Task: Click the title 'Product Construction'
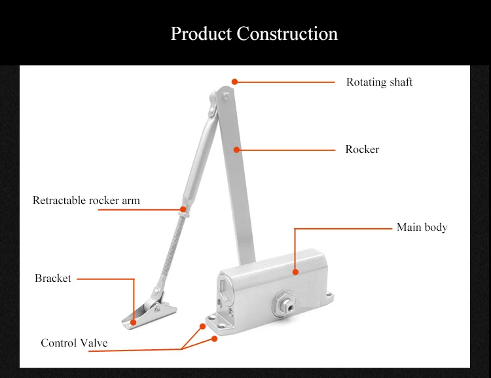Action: [254, 33]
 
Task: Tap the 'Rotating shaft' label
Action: [379, 82]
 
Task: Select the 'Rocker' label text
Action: [362, 149]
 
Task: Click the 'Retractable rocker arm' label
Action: [86, 200]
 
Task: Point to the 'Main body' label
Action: [422, 227]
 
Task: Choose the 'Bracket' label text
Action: [53, 278]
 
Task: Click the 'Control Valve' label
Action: [74, 343]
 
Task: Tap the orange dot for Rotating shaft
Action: [234, 82]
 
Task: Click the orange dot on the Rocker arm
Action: [237, 150]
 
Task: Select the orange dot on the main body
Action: [295, 272]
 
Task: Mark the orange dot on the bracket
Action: [134, 322]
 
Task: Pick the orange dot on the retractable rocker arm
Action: [183, 209]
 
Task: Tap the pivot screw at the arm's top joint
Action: [226, 97]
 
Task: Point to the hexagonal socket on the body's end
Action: [225, 289]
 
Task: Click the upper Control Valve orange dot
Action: [202, 326]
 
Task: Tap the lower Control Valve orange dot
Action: [215, 339]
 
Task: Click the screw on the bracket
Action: [158, 309]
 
